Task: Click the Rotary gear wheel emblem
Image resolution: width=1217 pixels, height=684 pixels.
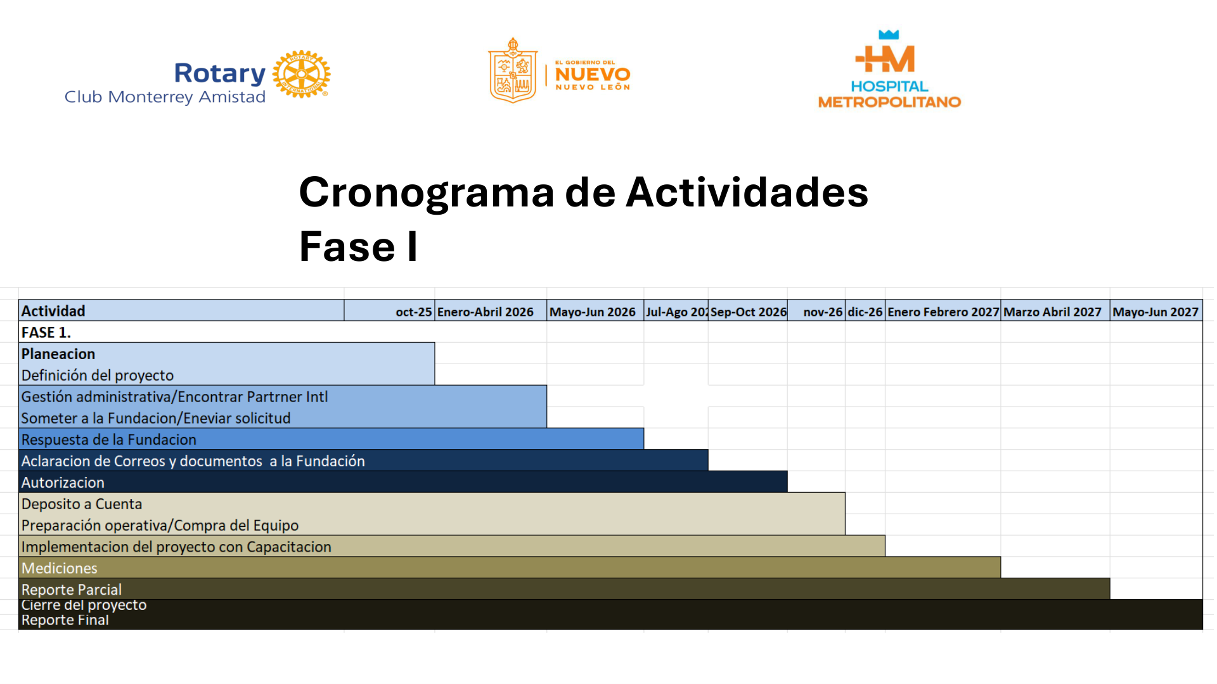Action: pyautogui.click(x=301, y=74)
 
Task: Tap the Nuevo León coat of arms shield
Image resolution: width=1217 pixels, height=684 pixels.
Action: pyautogui.click(x=513, y=71)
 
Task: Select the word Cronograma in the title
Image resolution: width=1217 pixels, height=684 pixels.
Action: pyautogui.click(x=426, y=192)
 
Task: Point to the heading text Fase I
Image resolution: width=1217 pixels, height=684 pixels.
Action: pyautogui.click(x=358, y=246)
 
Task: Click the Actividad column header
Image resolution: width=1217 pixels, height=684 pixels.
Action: pyautogui.click(x=53, y=311)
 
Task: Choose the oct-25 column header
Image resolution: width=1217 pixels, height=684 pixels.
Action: pyautogui.click(x=413, y=312)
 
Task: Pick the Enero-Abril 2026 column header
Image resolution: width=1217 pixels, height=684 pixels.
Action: pyautogui.click(x=485, y=312)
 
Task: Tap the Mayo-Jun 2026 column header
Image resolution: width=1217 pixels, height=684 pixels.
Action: pyautogui.click(x=592, y=312)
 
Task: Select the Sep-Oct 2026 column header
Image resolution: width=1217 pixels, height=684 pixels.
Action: pyautogui.click(x=748, y=312)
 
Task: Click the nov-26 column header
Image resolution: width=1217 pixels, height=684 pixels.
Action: pyautogui.click(x=822, y=312)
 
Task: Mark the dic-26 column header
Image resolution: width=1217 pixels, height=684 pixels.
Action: pyautogui.click(x=865, y=312)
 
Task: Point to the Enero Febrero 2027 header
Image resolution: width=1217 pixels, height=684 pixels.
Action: pyautogui.click(x=943, y=312)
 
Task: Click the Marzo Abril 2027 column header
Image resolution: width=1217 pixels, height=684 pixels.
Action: pyautogui.click(x=1052, y=312)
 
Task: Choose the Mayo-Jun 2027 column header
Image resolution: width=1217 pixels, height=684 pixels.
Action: pyautogui.click(x=1155, y=312)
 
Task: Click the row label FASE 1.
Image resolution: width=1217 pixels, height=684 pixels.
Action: pyautogui.click(x=46, y=332)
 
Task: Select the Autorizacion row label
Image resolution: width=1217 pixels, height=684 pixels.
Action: pyautogui.click(x=63, y=483)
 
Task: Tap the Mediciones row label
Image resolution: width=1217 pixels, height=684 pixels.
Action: pyautogui.click(x=60, y=568)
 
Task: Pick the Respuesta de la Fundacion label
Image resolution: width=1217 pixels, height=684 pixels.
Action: pyautogui.click(x=109, y=440)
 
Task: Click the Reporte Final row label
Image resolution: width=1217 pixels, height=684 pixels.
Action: pyautogui.click(x=65, y=621)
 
